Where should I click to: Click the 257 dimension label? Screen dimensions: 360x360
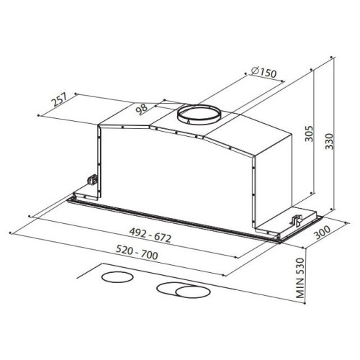59,99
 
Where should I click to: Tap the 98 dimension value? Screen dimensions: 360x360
142,109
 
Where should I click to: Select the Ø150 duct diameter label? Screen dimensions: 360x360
264,72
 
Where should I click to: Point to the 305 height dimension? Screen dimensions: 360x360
310,133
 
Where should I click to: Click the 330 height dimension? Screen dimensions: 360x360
329,141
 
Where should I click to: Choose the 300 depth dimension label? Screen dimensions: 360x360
323,232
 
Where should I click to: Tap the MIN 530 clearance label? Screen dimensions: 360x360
300,278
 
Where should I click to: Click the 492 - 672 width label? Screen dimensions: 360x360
150,235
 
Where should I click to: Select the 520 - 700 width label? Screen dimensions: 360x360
137,252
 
